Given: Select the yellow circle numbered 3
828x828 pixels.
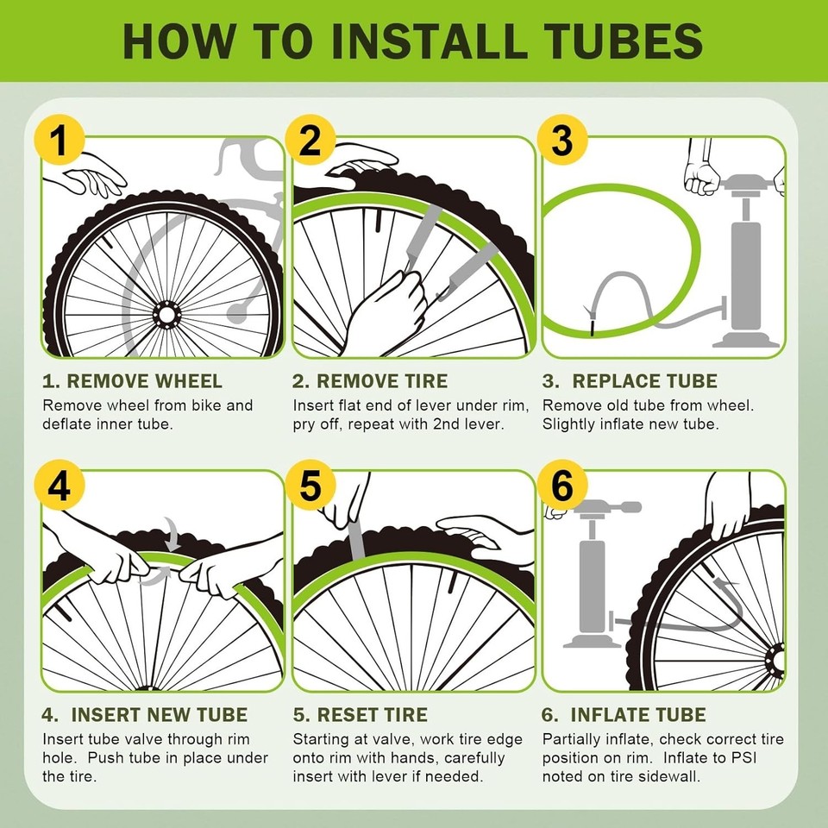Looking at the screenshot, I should pyautogui.click(x=561, y=141).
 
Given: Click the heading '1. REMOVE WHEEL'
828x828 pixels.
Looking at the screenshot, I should pyautogui.click(x=132, y=381).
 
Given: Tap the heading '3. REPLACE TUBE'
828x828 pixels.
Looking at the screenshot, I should pyautogui.click(x=630, y=381).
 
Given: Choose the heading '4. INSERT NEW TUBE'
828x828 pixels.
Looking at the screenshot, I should pyautogui.click(x=145, y=715).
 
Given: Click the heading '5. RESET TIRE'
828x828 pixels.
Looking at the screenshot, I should pyautogui.click(x=360, y=715).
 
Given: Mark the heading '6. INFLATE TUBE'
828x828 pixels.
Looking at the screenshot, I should pyautogui.click(x=624, y=715).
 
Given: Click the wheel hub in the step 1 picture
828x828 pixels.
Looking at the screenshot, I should pyautogui.click(x=164, y=316).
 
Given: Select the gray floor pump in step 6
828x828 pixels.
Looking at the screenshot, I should pyautogui.click(x=593, y=578).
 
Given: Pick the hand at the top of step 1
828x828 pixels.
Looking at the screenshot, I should pyautogui.click(x=91, y=177).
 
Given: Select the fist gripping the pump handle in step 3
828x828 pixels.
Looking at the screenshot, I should pyautogui.click(x=701, y=177).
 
